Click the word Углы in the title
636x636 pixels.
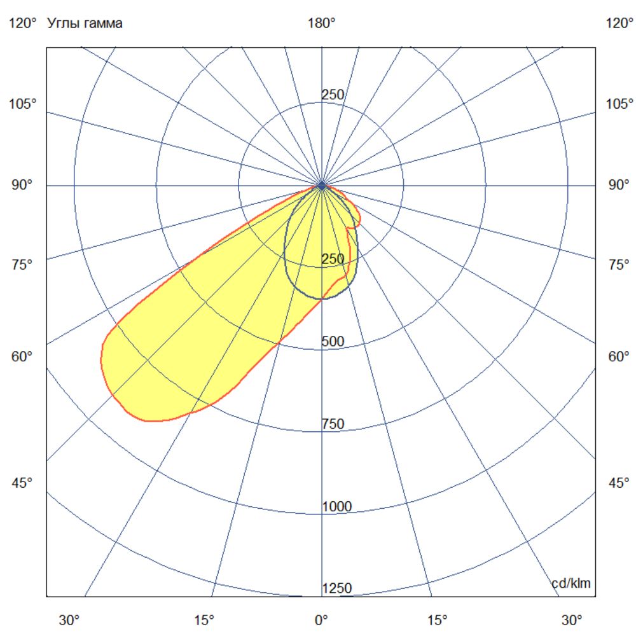click(62, 24)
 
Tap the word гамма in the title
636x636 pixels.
click(100, 24)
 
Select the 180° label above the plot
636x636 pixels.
click(322, 24)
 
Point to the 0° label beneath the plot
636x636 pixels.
click(322, 619)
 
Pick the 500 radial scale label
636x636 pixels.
click(333, 342)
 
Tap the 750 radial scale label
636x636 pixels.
click(333, 424)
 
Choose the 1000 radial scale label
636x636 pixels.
click(336, 507)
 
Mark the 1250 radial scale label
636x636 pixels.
click(336, 588)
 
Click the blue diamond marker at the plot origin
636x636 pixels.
click(322, 185)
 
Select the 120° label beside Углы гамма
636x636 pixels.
click(22, 24)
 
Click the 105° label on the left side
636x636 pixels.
click(22, 104)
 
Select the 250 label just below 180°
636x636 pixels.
click(333, 95)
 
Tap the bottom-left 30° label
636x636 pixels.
click(69, 619)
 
